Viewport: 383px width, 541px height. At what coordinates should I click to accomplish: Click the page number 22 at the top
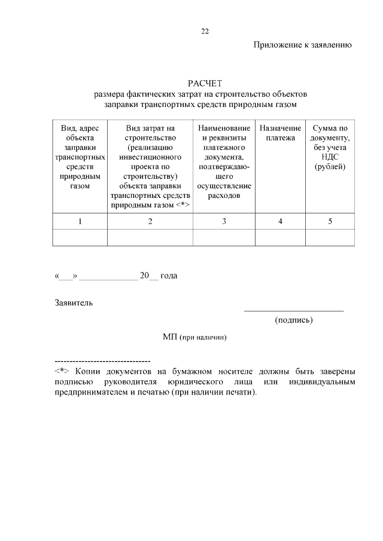tap(205, 31)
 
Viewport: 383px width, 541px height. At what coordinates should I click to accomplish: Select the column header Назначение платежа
tap(280, 133)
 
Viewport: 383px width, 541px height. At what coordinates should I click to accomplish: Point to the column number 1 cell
tap(80, 222)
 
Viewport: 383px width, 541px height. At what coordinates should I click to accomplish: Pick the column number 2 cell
tap(150, 222)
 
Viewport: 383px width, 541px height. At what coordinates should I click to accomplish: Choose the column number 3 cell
tap(224, 222)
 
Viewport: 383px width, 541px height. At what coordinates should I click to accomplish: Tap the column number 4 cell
tap(280, 222)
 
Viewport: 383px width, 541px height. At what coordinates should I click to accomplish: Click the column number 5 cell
tap(330, 222)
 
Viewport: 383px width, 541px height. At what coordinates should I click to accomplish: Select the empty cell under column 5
tap(330, 238)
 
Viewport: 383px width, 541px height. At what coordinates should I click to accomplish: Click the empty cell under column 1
tap(80, 238)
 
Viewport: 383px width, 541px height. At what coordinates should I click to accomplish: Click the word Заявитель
tap(74, 302)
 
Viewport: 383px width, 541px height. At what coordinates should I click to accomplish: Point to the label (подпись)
tap(294, 320)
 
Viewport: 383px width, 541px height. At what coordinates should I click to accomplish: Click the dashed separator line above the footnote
tap(102, 362)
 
